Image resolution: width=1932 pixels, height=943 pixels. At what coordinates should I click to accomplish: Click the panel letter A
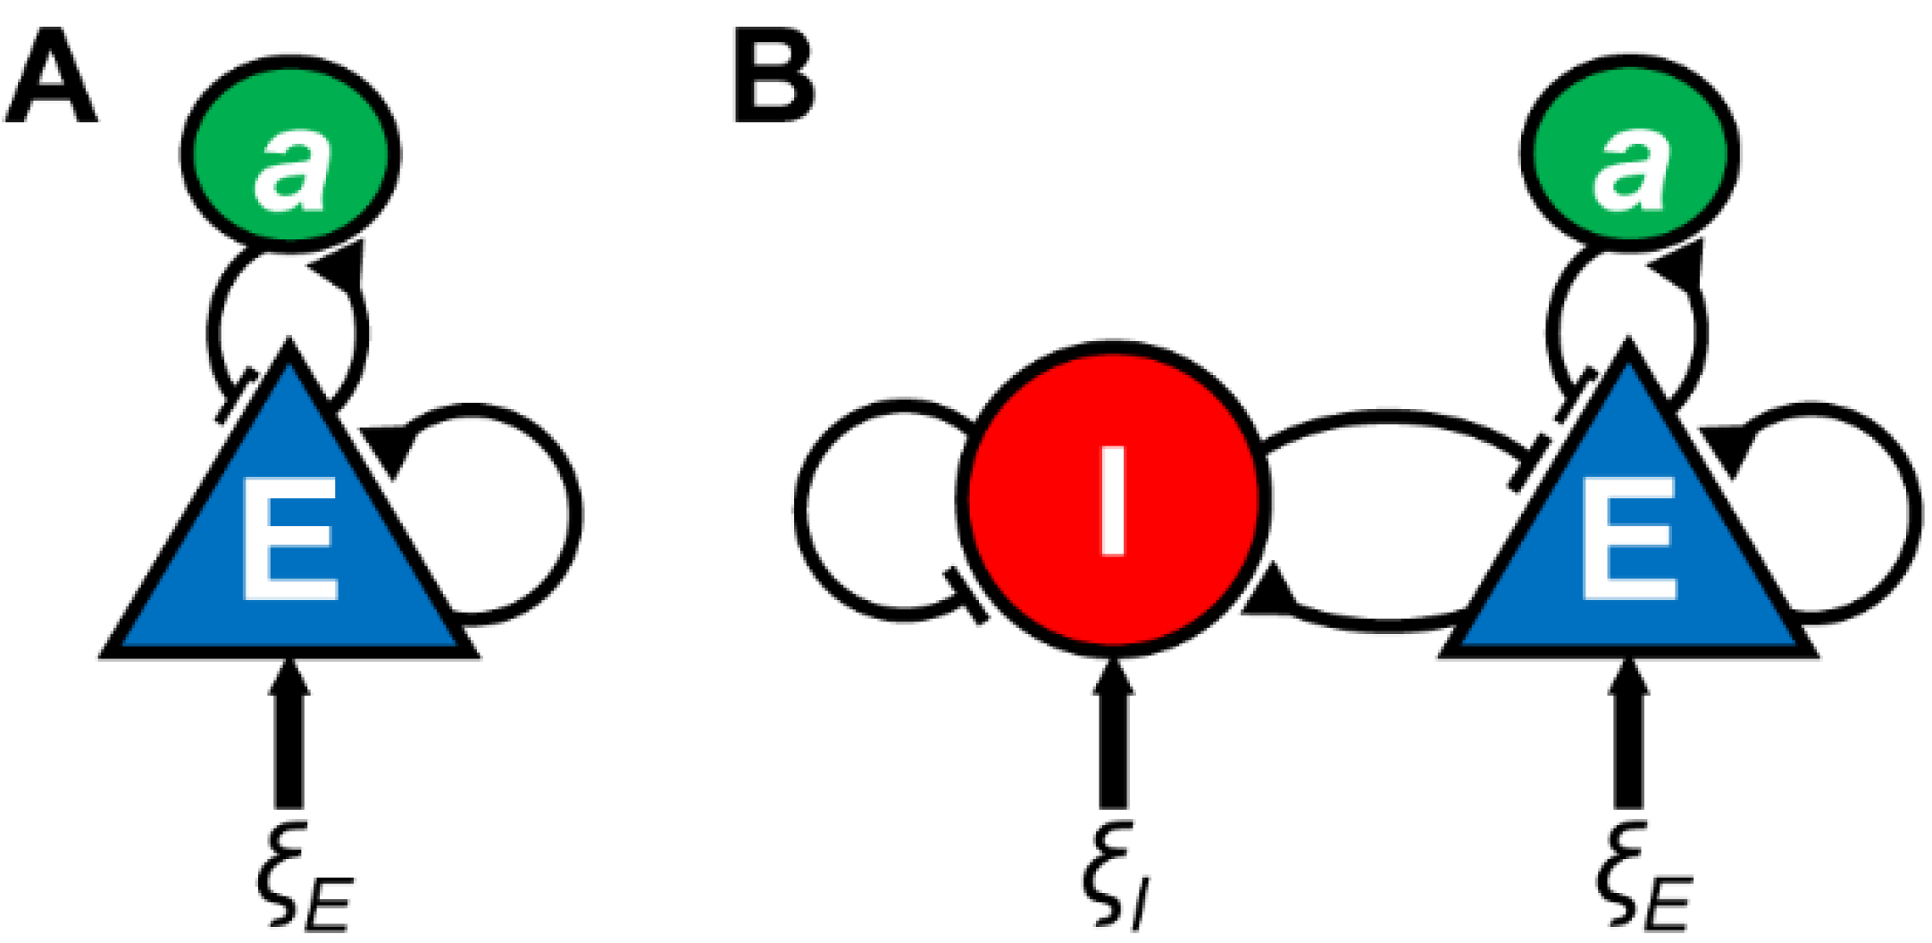(x=50, y=78)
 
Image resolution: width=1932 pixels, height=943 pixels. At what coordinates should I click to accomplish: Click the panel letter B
(x=774, y=78)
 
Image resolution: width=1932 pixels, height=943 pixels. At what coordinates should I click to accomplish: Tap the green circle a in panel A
(x=290, y=152)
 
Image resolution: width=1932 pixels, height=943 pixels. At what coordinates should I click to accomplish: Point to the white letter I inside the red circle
(x=1113, y=500)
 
